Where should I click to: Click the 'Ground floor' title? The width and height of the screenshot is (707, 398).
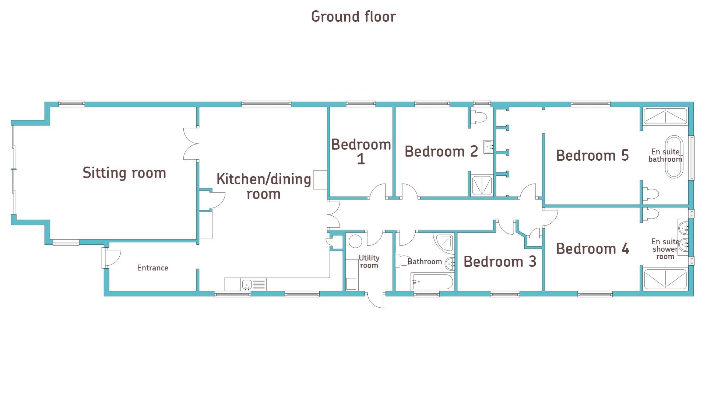(353, 17)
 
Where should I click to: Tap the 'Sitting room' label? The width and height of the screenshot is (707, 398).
(124, 173)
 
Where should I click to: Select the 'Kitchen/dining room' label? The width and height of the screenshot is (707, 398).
(264, 186)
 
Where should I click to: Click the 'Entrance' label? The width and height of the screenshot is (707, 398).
(152, 268)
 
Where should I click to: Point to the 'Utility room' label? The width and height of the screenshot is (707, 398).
(369, 262)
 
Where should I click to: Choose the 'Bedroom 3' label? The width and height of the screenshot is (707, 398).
(500, 262)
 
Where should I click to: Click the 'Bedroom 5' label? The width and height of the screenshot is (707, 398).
(592, 156)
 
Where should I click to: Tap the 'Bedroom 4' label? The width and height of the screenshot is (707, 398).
(592, 249)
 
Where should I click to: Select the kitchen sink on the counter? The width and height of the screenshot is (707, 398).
(247, 284)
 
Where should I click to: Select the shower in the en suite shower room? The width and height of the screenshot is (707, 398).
(665, 279)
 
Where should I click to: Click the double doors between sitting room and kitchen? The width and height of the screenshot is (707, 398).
(191, 144)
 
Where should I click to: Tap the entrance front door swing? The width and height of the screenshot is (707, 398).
(112, 258)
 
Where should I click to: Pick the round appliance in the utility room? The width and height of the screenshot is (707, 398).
(355, 241)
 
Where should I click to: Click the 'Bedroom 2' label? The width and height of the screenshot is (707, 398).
(441, 151)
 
